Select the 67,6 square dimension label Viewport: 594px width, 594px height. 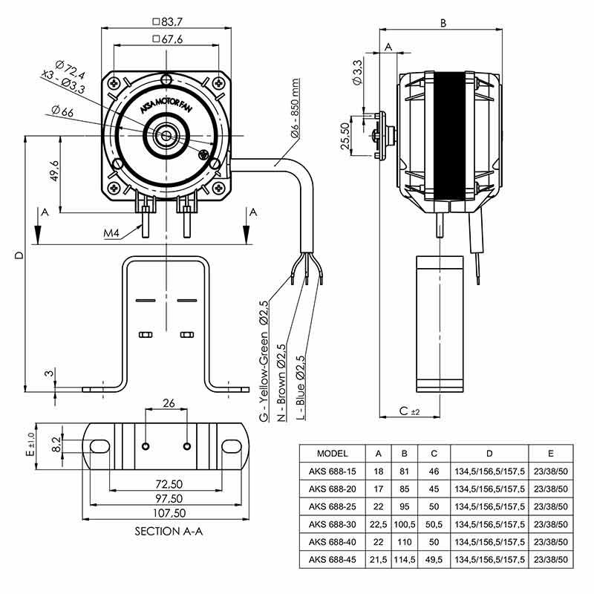pos(170,39)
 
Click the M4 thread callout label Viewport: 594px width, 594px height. pos(112,234)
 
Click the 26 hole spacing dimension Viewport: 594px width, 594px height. pos(168,403)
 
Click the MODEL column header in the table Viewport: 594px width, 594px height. pos(332,453)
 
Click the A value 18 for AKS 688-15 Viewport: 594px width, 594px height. pos(379,471)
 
